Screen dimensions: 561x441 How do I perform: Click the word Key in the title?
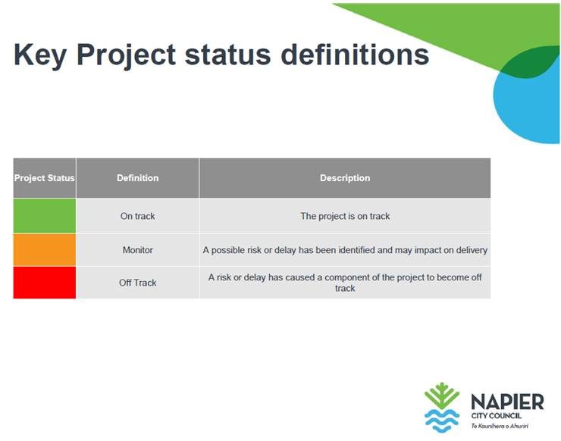pos(39,55)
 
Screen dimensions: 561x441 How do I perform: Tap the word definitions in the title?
pos(355,55)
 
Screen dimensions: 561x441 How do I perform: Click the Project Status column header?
pos(45,178)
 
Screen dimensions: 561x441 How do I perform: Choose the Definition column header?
pos(138,178)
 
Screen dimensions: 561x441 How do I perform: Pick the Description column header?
pos(345,178)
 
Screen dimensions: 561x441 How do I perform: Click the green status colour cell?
pos(45,216)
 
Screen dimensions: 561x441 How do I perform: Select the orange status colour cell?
pos(45,250)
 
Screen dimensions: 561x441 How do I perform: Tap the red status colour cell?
pos(45,283)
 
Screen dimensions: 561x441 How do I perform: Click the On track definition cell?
pos(138,216)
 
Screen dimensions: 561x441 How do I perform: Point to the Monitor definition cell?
pos(138,250)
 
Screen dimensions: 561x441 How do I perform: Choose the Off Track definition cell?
pos(138,283)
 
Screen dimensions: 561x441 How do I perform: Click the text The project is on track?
pos(345,216)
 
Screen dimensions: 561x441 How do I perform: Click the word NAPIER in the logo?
pos(507,402)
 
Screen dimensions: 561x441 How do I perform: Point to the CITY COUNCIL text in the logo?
pos(497,415)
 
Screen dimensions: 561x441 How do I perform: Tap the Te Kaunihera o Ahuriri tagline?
pos(500,426)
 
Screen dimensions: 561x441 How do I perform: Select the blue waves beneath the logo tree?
pos(442,421)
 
